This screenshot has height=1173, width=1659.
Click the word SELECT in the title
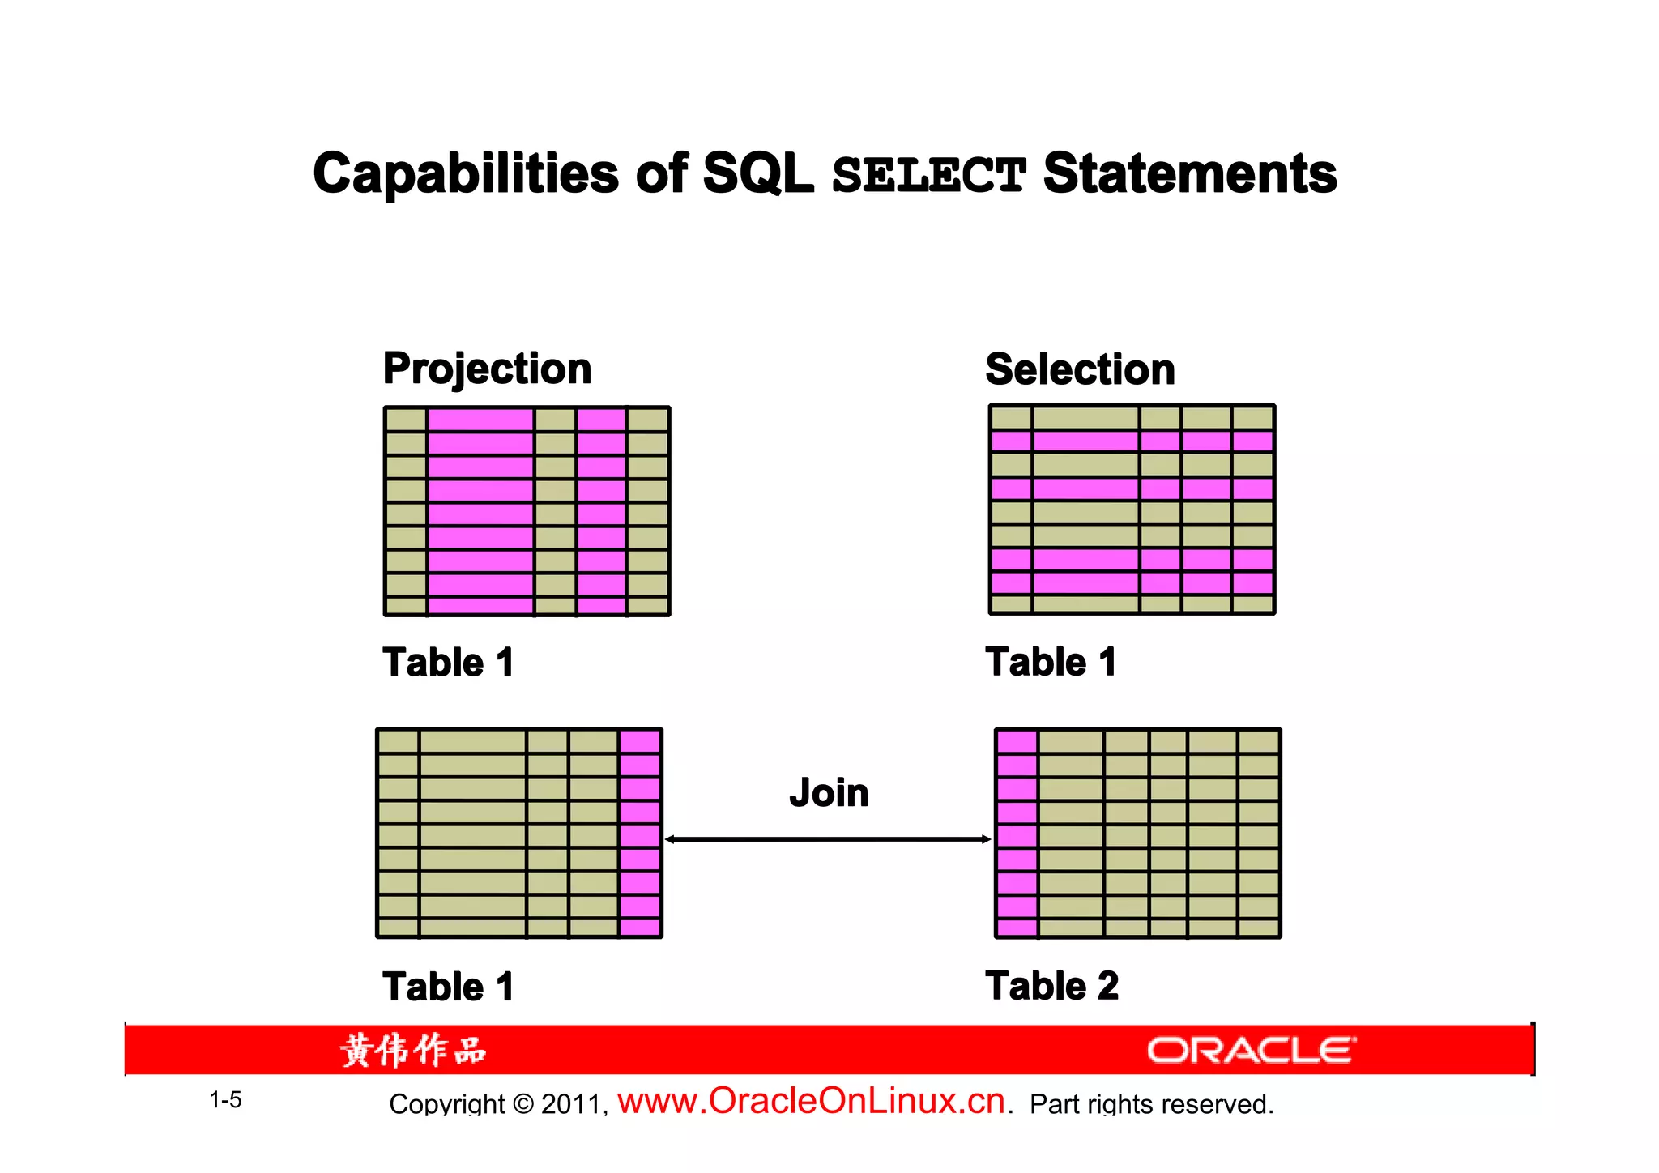pyautogui.click(x=928, y=175)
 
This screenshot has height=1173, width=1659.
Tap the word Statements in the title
pyautogui.click(x=1189, y=175)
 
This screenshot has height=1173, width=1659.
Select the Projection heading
pyautogui.click(x=487, y=369)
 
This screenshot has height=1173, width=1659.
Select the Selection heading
pyautogui.click(x=1080, y=370)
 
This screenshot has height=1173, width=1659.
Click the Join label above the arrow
pyautogui.click(x=829, y=793)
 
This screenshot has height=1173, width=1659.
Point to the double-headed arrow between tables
pyautogui.click(x=828, y=839)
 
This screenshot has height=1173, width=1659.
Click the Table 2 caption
pyautogui.click(x=1051, y=987)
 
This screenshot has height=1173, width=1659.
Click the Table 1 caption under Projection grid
pyautogui.click(x=448, y=663)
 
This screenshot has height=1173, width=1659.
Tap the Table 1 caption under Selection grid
pyautogui.click(x=1051, y=663)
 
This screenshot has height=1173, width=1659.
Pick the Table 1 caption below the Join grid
pyautogui.click(x=448, y=987)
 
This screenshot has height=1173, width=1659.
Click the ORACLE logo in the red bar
pyautogui.click(x=1251, y=1051)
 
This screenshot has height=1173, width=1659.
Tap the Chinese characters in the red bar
pyautogui.click(x=412, y=1051)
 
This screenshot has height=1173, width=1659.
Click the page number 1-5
pyautogui.click(x=225, y=1100)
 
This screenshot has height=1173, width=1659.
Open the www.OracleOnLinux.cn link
pyautogui.click(x=811, y=1102)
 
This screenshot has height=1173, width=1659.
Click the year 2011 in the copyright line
pyautogui.click(x=571, y=1105)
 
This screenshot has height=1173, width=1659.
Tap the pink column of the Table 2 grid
pyautogui.click(x=1017, y=834)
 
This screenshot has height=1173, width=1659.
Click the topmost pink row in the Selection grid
pyautogui.click(x=1132, y=441)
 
